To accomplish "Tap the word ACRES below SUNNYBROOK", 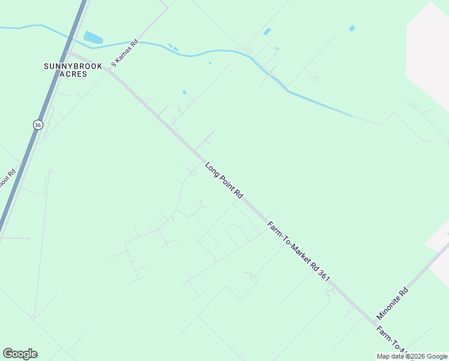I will point(73,74).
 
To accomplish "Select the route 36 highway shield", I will point(38,125).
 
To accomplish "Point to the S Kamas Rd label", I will point(125,53).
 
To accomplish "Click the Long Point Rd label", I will point(224,180).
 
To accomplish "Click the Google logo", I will point(20,353).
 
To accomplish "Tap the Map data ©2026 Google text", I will point(412,356).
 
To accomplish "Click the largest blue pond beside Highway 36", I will point(93,37).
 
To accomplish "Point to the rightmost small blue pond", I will point(352,28).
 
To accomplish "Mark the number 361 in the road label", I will point(323,274).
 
